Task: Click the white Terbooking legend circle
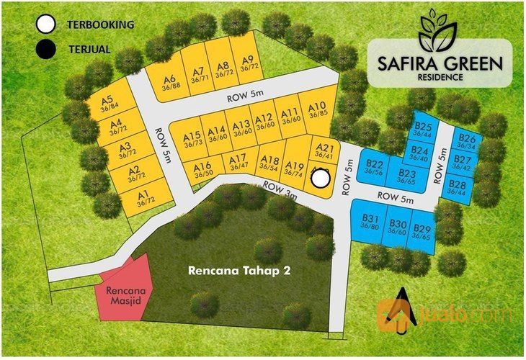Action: tap(46, 25)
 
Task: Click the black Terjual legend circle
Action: tap(46, 50)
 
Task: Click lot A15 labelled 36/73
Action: tap(192, 139)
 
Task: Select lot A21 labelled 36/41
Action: tap(323, 151)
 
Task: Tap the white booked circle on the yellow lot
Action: tap(321, 177)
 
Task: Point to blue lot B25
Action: tap(423, 130)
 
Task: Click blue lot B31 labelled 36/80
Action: tap(370, 222)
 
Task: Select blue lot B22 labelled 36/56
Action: tap(373, 167)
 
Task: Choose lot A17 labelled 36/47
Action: tap(239, 162)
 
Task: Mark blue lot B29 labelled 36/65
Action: tap(422, 232)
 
